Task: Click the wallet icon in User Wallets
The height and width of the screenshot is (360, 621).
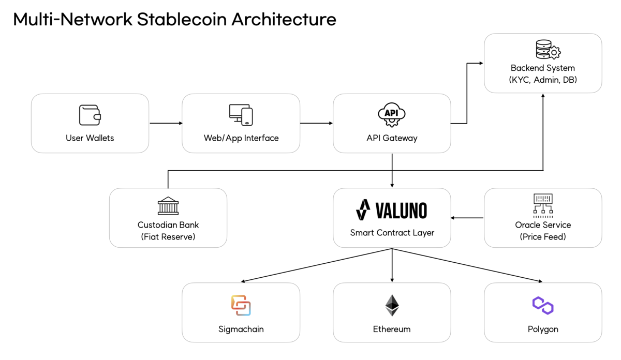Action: click(90, 115)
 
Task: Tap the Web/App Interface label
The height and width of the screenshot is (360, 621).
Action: click(241, 138)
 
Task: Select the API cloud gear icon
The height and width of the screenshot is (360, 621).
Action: click(392, 115)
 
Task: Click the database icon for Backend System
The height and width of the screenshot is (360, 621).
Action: click(548, 51)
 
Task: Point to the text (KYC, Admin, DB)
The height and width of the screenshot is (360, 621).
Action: click(543, 80)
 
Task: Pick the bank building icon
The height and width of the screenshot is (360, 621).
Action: click(168, 206)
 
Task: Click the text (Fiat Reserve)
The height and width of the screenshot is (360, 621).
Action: click(168, 237)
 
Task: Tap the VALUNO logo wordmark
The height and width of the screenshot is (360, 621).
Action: click(392, 211)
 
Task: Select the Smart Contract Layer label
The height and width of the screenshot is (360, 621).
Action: click(392, 233)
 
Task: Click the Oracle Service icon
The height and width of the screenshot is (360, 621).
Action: click(543, 205)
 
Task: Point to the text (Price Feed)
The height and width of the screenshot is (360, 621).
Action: click(543, 237)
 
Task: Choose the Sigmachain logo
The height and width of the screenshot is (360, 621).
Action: click(241, 305)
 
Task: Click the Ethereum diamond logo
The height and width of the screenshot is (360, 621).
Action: click(392, 305)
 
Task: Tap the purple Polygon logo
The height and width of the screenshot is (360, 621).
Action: click(543, 305)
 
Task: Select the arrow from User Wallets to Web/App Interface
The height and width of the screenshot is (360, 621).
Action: click(166, 123)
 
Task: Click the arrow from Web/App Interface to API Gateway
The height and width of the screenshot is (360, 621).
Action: click(316, 123)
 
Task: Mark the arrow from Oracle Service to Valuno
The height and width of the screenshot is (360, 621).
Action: click(467, 218)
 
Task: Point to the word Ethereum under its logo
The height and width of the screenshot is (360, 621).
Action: click(392, 329)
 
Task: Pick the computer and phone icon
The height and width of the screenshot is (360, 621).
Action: click(241, 115)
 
